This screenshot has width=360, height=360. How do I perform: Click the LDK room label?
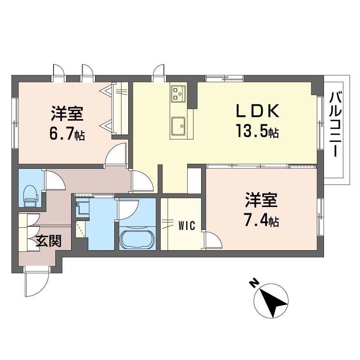coord(258,111)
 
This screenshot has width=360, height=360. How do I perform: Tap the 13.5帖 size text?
coord(257,131)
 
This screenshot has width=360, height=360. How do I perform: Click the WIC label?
coord(187,225)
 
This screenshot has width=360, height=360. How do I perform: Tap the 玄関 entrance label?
coord(49,241)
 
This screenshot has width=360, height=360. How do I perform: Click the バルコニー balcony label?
coord(336,124)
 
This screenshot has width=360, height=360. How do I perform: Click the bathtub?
coord(137,239)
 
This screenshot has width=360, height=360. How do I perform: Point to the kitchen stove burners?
coord(178,94)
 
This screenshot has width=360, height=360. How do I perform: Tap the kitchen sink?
coord(178,126)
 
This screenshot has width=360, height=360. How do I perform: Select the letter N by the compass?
coord(254,284)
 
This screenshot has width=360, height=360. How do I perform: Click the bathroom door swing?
coord(128,209)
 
